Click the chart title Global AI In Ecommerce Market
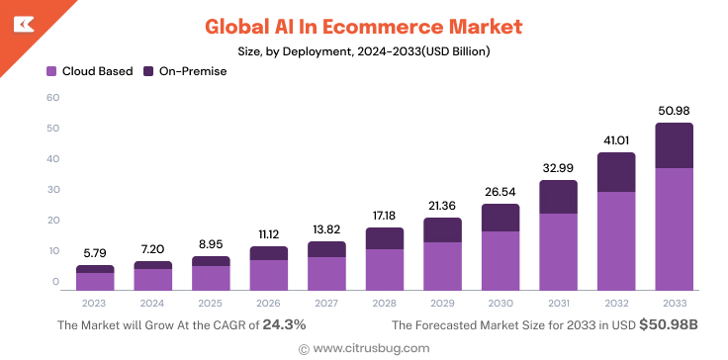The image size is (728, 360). [x=363, y=25]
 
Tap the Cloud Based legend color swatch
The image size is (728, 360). [x=51, y=71]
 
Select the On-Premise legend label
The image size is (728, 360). [x=193, y=71]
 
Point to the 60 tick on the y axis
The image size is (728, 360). [x=53, y=97]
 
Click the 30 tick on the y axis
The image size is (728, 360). [x=53, y=189]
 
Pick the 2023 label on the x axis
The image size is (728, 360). [x=95, y=302]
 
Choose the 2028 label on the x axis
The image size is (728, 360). [x=384, y=302]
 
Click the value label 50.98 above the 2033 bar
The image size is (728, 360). [x=674, y=109]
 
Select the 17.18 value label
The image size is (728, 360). [x=384, y=215]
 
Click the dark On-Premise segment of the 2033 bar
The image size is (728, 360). [x=674, y=145]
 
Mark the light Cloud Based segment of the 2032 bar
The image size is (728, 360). [x=615, y=240]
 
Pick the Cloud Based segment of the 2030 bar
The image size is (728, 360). [x=500, y=260]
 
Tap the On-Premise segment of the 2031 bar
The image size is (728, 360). [x=558, y=197]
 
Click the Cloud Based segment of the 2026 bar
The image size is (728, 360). [x=268, y=274]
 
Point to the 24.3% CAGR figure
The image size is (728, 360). [x=284, y=324]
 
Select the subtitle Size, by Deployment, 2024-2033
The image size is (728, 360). [x=363, y=50]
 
